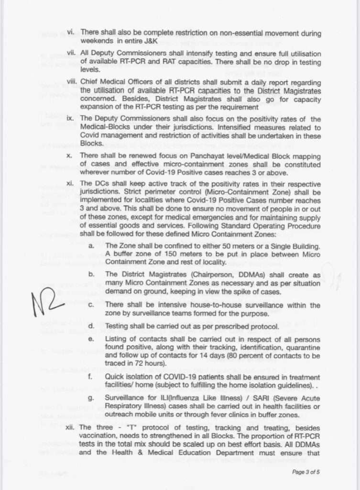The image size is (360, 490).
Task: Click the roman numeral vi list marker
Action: pyautogui.click(x=69, y=32)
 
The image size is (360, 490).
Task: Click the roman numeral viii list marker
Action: pyautogui.click(x=68, y=82)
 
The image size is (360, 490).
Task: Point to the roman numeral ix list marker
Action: pyautogui.click(x=69, y=118)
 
